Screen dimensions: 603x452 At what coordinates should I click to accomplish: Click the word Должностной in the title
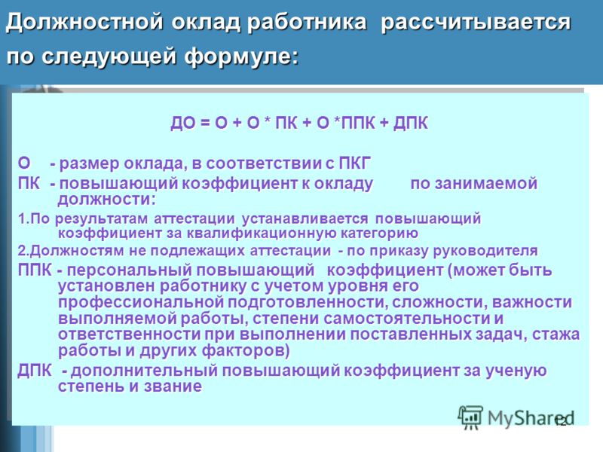[x=84, y=23]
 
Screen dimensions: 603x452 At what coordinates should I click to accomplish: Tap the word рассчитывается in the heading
[x=476, y=23]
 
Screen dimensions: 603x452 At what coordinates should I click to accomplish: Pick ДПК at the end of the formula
[x=411, y=123]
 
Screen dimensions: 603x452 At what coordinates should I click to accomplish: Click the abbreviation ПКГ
[x=354, y=163]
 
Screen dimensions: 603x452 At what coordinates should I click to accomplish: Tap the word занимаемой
[x=474, y=183]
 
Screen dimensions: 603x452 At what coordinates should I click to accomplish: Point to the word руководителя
[x=485, y=251]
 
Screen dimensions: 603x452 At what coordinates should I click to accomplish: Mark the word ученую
[x=516, y=371]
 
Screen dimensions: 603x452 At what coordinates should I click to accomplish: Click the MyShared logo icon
[x=470, y=418]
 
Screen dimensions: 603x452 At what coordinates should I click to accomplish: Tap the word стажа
[x=556, y=334]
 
